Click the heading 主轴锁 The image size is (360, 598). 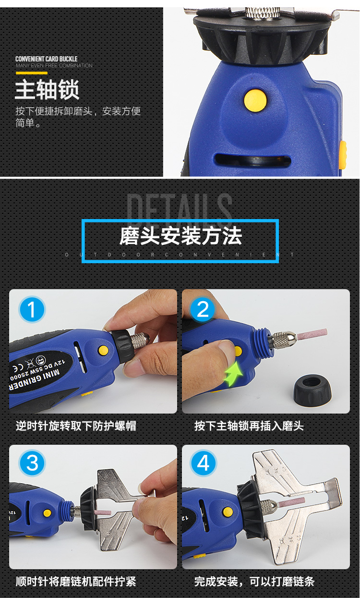[47, 90]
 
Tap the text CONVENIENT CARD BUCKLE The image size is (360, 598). [46, 59]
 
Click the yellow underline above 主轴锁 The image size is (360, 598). [31, 73]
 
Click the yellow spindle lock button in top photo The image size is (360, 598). [255, 98]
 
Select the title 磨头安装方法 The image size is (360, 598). [180, 236]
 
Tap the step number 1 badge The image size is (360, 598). [32, 309]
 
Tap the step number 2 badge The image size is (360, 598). [203, 309]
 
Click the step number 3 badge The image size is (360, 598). [32, 464]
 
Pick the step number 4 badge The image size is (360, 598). [203, 464]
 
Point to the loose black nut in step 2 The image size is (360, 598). [312, 389]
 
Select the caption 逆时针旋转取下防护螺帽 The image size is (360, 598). [76, 426]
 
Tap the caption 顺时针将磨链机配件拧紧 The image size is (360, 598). [76, 582]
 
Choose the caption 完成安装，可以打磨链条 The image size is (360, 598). [254, 582]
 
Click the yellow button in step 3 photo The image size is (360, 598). [47, 513]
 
